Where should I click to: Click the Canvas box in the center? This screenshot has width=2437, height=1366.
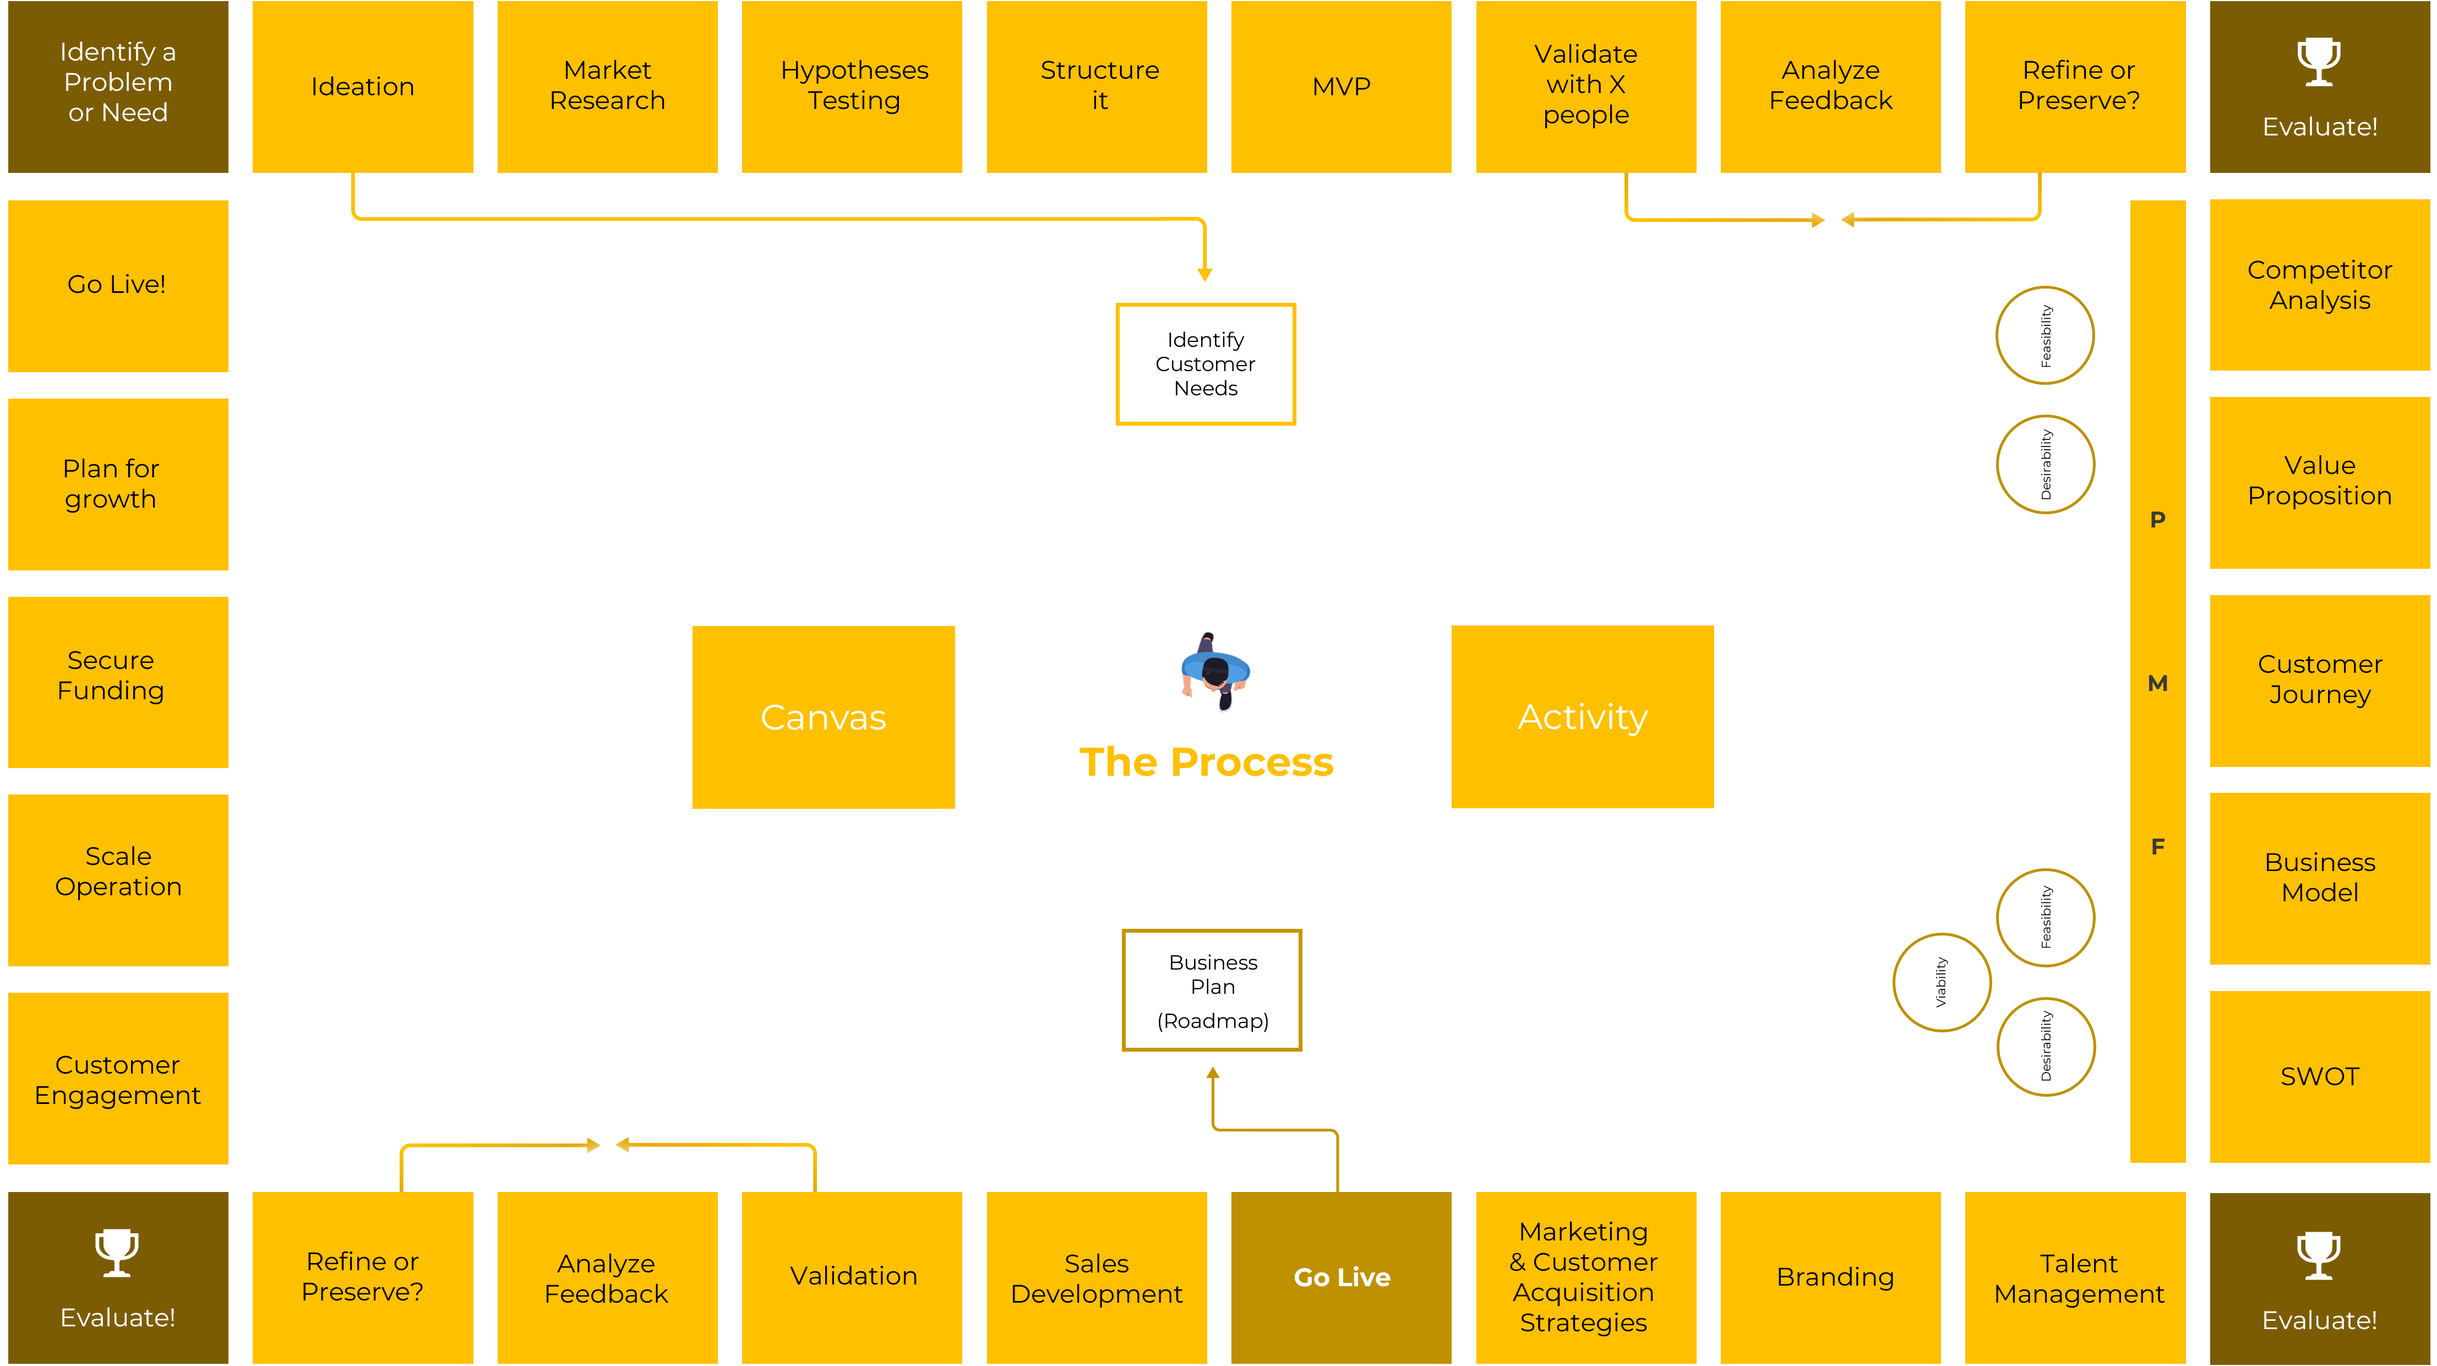(x=823, y=717)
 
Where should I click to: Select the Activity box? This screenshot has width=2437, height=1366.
(x=1582, y=717)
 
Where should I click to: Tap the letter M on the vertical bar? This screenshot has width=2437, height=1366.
(x=2157, y=683)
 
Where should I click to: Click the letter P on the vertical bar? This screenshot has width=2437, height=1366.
(x=2157, y=519)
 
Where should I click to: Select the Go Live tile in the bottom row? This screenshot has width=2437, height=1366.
(x=1340, y=1277)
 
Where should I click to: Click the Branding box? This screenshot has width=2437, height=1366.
(x=1834, y=1277)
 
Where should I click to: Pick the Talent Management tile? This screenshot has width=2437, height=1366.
(x=2079, y=1277)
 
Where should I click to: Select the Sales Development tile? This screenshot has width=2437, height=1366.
(x=1097, y=1277)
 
